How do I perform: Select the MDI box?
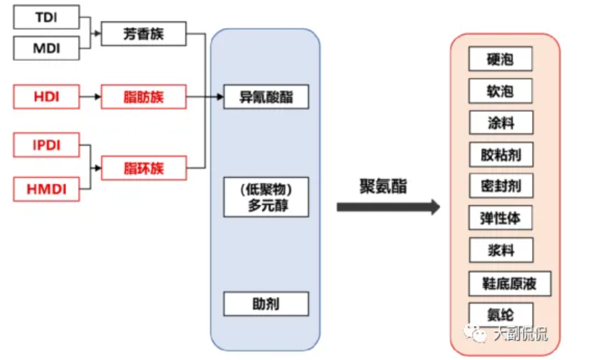click(46, 48)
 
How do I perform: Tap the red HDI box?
click(46, 97)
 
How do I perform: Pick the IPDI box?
click(46, 146)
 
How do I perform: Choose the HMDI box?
click(46, 188)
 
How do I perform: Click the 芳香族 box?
click(144, 33)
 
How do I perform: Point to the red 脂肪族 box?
click(144, 97)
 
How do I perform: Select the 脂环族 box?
click(144, 168)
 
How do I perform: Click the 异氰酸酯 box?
click(266, 97)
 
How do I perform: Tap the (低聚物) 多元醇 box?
click(266, 197)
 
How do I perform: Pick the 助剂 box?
click(266, 303)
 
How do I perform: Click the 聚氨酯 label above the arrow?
click(383, 186)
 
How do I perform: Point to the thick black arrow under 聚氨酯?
click(388, 207)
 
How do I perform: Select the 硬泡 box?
click(500, 60)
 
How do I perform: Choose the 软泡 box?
click(500, 91)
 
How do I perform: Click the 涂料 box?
click(500, 123)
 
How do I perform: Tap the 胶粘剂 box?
click(500, 154)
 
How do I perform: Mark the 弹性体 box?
click(500, 219)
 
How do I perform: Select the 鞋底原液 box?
click(509, 283)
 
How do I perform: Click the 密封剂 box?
click(500, 186)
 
